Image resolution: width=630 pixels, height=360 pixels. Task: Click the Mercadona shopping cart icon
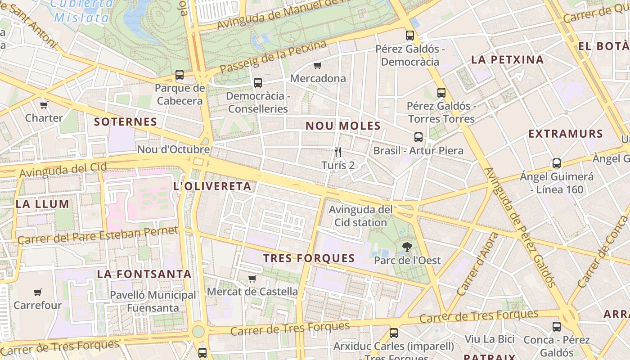[x=317, y=66]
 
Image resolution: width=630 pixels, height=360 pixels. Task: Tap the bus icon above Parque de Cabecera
[x=180, y=75]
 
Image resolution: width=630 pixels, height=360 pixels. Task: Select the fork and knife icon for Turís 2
[x=338, y=152]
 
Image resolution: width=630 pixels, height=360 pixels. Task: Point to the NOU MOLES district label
[x=343, y=126]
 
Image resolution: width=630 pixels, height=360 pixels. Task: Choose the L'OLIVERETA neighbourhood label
[x=212, y=186]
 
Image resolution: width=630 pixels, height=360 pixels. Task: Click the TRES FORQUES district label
[x=309, y=258]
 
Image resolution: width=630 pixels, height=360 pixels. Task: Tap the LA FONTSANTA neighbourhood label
[x=144, y=274]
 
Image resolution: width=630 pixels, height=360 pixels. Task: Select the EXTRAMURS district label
[x=566, y=134]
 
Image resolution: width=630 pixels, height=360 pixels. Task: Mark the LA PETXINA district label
[x=508, y=59]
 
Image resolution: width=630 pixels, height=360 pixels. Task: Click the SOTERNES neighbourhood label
[x=126, y=121]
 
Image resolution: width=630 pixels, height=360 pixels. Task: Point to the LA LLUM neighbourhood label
[x=43, y=204]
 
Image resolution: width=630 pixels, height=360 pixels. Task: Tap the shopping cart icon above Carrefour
[x=38, y=292]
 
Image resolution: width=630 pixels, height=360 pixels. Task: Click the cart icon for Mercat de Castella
[x=252, y=279]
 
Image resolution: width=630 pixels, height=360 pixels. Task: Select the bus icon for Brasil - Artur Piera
[x=418, y=137]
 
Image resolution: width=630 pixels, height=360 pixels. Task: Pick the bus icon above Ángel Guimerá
[x=557, y=163]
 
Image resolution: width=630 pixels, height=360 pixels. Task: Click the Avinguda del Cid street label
[x=63, y=170]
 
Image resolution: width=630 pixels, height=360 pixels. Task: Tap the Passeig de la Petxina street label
[x=273, y=57]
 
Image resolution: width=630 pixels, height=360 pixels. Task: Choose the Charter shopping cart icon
[x=44, y=105]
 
